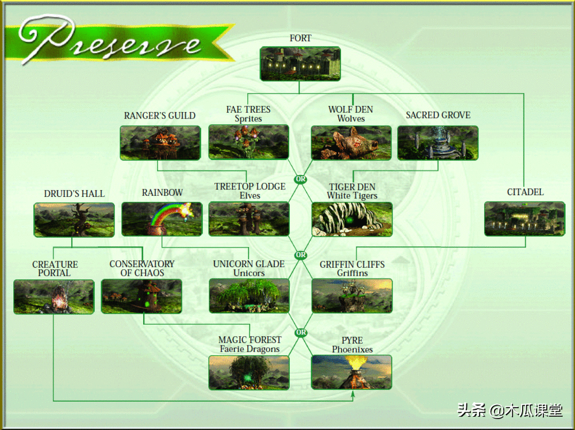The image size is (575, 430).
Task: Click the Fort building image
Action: (300, 64)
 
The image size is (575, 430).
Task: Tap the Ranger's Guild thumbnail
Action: (160, 143)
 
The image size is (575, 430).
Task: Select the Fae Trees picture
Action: (248, 142)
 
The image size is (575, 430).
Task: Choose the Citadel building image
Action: (524, 218)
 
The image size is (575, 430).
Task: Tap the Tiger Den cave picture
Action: (352, 219)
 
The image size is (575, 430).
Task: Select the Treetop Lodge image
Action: (249, 219)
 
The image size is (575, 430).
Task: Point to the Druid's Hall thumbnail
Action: (74, 219)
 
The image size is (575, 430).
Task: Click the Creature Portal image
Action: (54, 297)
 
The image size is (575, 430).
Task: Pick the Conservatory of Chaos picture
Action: (141, 296)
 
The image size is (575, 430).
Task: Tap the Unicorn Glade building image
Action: (249, 296)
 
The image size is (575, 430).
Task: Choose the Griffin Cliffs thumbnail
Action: (352, 296)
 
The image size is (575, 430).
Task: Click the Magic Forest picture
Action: (249, 372)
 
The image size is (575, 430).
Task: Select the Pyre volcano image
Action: (352, 372)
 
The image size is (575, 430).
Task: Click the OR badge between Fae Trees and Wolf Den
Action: (300, 180)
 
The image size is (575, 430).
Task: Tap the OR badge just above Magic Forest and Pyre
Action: (301, 333)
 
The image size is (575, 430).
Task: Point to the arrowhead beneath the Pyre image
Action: (352, 395)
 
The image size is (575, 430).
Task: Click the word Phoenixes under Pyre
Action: (352, 349)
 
